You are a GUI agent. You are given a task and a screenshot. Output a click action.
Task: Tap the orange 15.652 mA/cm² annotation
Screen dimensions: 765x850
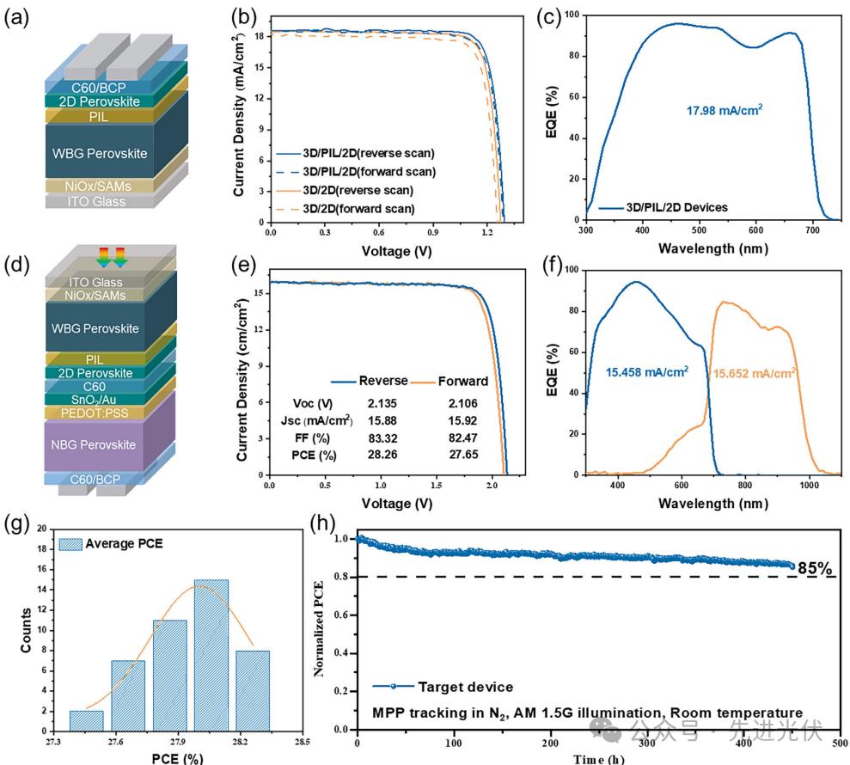coord(753,372)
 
